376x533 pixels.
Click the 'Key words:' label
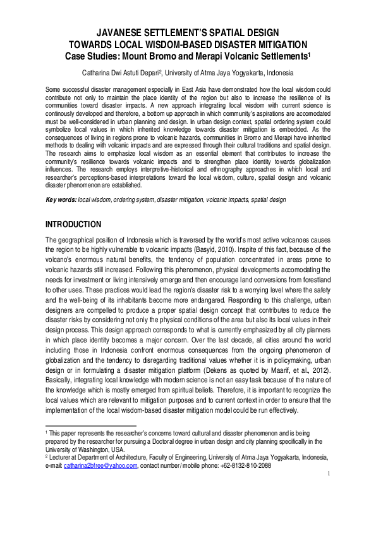pos(61,200)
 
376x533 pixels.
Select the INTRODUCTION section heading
pos(82,225)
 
